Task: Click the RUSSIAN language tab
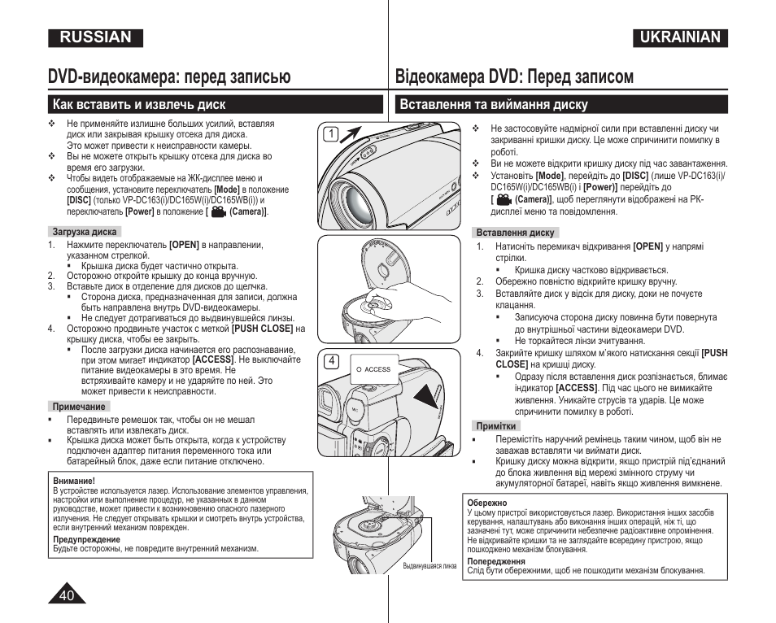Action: point(94,37)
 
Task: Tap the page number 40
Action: point(68,595)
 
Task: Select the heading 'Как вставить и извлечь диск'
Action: point(138,104)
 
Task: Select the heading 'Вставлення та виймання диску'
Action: point(494,104)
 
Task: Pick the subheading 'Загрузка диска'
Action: point(85,232)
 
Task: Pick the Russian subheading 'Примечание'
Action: point(80,407)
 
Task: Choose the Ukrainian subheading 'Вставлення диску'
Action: point(515,233)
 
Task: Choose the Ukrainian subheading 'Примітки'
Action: point(496,426)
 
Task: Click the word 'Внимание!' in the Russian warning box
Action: point(74,481)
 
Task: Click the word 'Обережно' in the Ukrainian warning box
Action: point(486,503)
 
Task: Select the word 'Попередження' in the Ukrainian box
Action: point(496,561)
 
